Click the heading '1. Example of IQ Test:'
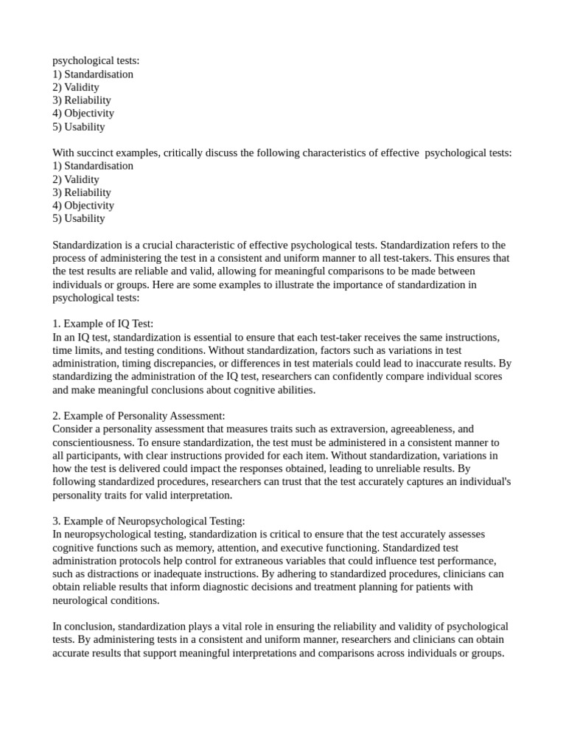[x=103, y=324]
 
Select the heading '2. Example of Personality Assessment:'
[x=139, y=416]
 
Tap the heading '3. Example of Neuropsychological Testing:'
[x=149, y=521]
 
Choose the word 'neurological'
[x=82, y=601]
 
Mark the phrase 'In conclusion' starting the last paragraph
[x=82, y=627]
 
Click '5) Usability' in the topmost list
[x=79, y=127]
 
